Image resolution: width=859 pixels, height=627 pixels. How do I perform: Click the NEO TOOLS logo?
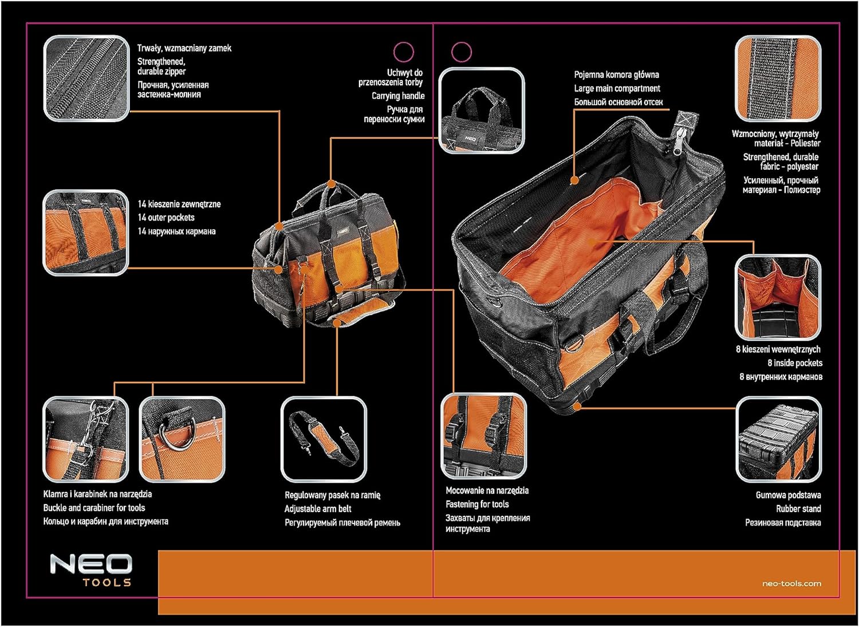90,570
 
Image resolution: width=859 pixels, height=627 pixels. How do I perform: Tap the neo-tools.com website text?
791,583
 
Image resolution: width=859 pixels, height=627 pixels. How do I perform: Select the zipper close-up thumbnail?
86,78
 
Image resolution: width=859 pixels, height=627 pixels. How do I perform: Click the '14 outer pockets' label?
166,218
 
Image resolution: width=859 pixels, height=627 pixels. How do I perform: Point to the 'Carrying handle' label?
398,96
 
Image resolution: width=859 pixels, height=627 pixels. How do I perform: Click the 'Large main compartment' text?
617,88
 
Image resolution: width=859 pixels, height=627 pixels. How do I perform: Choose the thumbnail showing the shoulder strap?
324,439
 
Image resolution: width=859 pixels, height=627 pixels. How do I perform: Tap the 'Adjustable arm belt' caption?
318,508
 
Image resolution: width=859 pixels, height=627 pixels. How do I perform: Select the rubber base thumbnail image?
778,440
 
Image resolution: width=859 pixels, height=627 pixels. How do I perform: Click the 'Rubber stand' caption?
798,508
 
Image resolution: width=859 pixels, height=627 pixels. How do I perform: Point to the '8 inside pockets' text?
795,363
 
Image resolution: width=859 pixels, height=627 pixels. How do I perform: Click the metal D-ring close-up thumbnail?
182,439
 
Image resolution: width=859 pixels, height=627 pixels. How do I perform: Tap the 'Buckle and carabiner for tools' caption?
94,508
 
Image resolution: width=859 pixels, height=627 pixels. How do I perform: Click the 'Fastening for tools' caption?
477,504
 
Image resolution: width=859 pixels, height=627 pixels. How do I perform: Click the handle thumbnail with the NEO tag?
482,111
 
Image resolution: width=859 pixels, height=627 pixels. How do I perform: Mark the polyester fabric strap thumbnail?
778,78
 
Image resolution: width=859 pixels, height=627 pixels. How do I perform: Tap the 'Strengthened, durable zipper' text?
161,66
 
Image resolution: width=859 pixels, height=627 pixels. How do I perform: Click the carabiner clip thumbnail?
86,439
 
